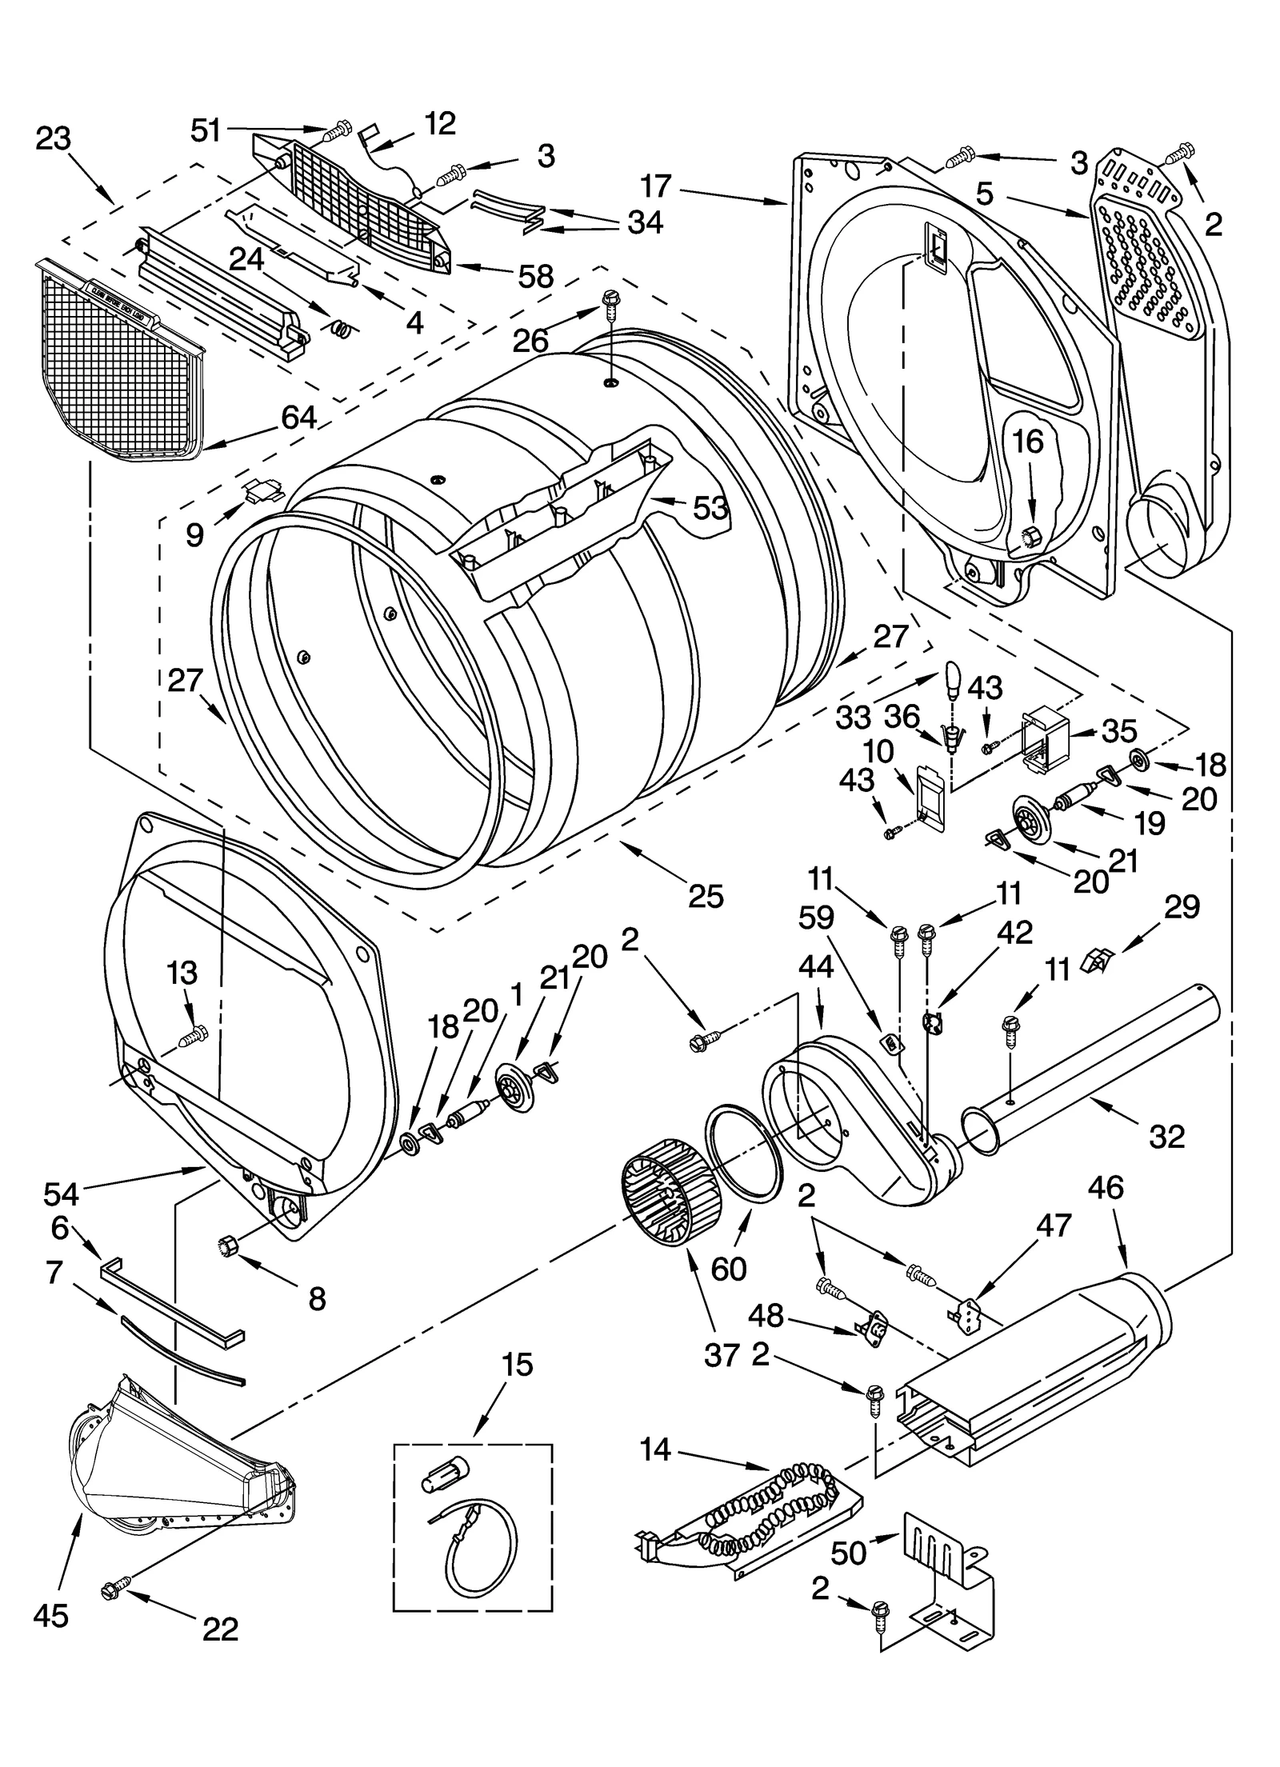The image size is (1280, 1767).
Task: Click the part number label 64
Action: (x=298, y=417)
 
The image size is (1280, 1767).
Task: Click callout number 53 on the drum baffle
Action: (x=710, y=507)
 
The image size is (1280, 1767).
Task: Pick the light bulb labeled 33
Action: (x=952, y=678)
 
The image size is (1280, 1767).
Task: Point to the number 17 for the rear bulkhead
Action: (x=655, y=186)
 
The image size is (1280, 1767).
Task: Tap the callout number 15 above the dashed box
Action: (x=518, y=1365)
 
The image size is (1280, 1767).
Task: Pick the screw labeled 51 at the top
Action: (x=338, y=128)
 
